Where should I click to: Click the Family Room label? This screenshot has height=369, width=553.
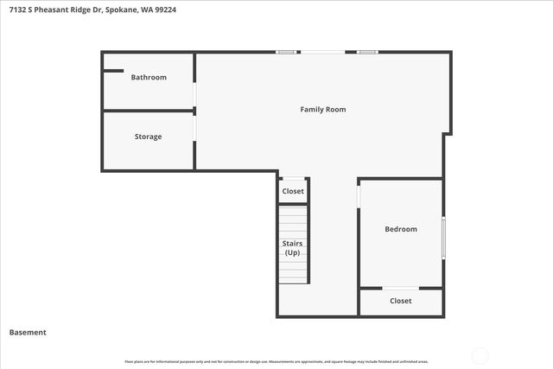click(322, 110)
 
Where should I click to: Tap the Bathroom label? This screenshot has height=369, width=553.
click(149, 78)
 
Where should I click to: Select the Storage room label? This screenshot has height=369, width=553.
click(148, 137)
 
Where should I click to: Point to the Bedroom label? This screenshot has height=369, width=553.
click(400, 229)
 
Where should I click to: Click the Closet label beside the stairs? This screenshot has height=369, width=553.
click(293, 191)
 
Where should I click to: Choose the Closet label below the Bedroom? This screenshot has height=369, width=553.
click(400, 301)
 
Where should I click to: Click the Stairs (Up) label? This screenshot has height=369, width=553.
click(292, 248)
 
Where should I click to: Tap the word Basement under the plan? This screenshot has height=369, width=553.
click(28, 332)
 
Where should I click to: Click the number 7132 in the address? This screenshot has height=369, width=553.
click(14, 10)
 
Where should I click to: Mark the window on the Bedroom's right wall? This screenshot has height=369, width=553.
click(443, 237)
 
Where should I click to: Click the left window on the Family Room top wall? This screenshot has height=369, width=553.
click(286, 53)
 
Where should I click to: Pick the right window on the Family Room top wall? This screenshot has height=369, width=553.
click(367, 53)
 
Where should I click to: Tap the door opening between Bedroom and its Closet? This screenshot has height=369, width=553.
click(400, 288)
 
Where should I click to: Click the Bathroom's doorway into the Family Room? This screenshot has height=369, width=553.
click(194, 93)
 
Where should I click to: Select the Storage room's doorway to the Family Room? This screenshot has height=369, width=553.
click(194, 127)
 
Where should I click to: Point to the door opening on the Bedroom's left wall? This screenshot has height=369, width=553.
click(359, 195)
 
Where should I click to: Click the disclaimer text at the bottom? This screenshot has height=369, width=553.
click(276, 361)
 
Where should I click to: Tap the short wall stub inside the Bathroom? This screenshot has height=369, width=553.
click(114, 71)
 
